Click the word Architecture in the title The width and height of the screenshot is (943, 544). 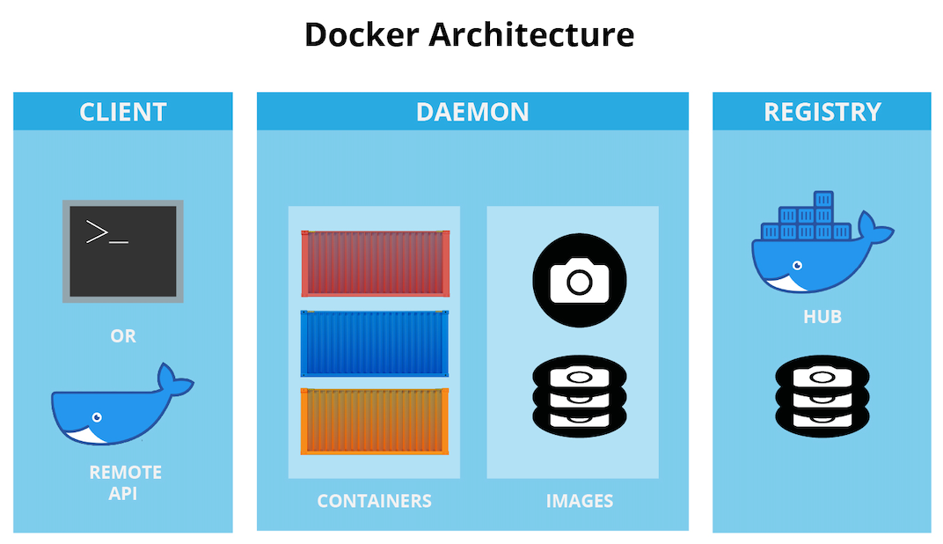coord(531,35)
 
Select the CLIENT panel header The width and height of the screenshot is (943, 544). coord(123,112)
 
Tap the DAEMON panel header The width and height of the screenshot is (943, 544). coord(472,112)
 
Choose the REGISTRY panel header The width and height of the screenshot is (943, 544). coord(822,112)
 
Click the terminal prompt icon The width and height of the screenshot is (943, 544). coord(123,251)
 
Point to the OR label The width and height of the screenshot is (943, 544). coord(123,336)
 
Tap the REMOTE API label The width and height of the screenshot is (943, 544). coord(125,482)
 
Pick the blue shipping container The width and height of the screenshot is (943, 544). coord(375,343)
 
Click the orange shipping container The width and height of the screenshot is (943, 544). coord(375,421)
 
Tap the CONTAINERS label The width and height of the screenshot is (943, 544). coord(374,501)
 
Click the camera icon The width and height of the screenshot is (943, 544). coord(579,280)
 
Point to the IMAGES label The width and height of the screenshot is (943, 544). coord(579,501)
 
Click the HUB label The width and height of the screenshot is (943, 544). coord(822,317)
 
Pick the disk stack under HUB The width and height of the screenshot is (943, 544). coord(822,396)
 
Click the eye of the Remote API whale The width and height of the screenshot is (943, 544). coord(97,417)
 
